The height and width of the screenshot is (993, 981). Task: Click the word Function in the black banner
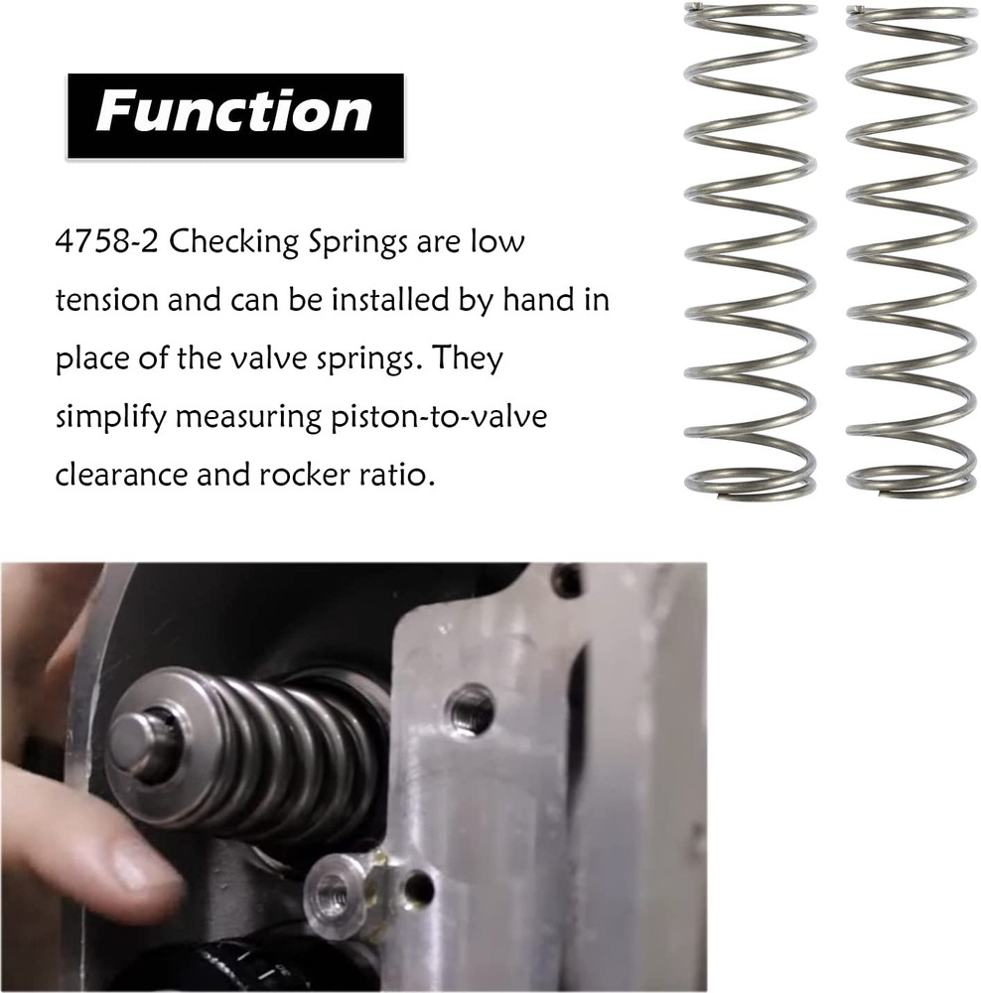tap(234, 112)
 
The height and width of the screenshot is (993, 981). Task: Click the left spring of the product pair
tap(751, 248)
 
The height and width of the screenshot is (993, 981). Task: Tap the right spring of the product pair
tap(911, 248)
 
